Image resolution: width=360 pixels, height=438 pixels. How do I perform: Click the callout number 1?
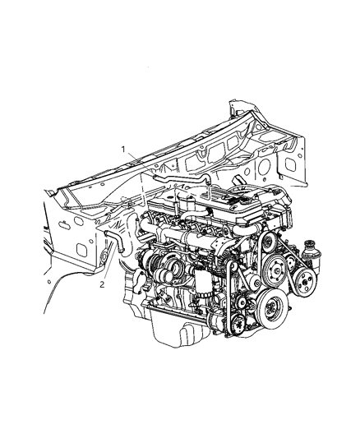coord(123,150)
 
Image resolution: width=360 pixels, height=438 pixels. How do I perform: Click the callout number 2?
coord(102,284)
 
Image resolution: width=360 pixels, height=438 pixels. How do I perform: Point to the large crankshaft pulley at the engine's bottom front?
coord(271,307)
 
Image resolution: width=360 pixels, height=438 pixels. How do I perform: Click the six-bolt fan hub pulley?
coord(275,270)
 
